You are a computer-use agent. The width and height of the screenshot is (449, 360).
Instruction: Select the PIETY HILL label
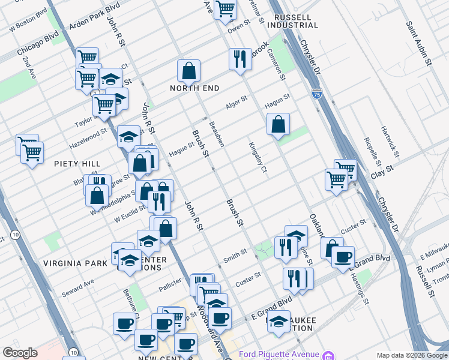pyautogui.click(x=77, y=163)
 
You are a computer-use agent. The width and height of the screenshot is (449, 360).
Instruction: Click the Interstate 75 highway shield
pyautogui.click(x=317, y=94)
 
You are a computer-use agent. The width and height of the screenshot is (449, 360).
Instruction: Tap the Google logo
pyautogui.click(x=20, y=353)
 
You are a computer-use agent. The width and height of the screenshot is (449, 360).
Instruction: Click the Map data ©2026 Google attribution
pyautogui.click(x=412, y=355)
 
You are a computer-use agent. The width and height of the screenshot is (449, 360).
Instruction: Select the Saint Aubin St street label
pyautogui.click(x=418, y=43)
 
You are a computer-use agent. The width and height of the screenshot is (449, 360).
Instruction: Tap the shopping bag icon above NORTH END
pyautogui.click(x=188, y=71)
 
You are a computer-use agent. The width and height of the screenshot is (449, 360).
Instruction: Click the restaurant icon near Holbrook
pyautogui.click(x=240, y=59)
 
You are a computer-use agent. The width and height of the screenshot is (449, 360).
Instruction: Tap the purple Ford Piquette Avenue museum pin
pyautogui.click(x=328, y=355)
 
